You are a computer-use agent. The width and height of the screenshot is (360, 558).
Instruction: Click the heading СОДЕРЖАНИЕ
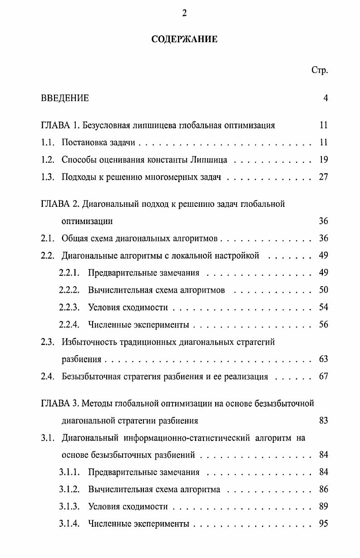pos(184,39)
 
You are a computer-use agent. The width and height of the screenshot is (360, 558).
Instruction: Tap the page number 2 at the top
pos(184,13)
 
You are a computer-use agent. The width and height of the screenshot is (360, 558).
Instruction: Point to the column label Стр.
pos(320,70)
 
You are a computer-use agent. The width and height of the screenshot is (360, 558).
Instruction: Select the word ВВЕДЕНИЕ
pos(65,98)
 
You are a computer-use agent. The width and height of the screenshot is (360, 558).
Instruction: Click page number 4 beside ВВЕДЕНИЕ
pos(325,98)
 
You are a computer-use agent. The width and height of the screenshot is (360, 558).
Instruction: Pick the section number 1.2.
pos(48,160)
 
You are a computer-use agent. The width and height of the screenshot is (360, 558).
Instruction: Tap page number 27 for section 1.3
pos(323,177)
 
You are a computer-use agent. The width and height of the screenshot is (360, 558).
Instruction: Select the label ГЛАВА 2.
pos(59,204)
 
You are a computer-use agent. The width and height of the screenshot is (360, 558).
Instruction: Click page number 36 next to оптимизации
pos(323,221)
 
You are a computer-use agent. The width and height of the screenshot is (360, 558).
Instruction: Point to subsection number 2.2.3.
pos(69,308)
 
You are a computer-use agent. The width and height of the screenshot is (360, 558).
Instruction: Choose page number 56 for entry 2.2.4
pos(323,325)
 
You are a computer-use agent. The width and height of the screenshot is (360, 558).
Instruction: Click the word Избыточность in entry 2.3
pos(86,342)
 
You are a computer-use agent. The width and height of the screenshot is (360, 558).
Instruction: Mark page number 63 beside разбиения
pos(323,359)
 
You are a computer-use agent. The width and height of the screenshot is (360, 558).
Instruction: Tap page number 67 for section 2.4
pos(323,377)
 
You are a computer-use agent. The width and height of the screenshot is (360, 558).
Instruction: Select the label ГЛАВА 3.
pos(59,403)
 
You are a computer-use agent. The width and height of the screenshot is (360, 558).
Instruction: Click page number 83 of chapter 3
pos(323,421)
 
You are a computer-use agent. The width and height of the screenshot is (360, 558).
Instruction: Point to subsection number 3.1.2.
pos(69,489)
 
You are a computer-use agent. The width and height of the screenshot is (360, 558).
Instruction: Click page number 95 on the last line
pos(323,524)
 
